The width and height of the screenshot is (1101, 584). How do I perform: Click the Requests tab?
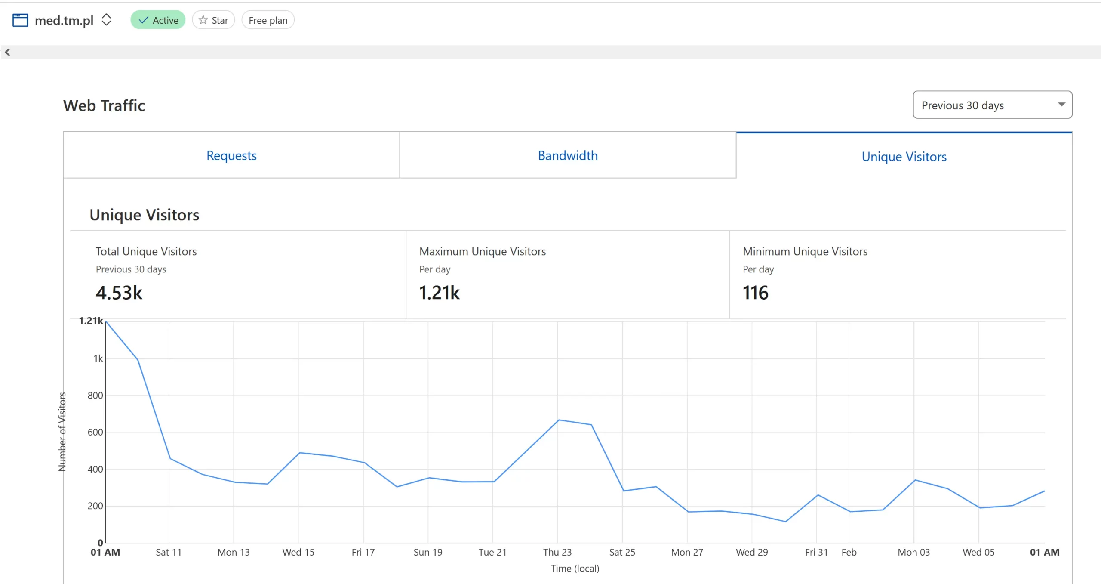231,155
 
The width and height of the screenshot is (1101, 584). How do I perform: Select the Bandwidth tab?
568,155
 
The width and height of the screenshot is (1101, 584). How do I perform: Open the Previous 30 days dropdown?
992,105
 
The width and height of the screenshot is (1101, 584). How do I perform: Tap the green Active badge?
158,20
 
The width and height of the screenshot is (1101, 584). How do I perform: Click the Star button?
213,20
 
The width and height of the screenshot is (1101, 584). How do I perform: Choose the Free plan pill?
268,20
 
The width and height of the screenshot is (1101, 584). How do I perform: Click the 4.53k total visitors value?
119,293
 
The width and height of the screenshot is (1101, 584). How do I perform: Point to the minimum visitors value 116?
756,293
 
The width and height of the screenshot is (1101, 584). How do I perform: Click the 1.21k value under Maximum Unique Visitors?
439,293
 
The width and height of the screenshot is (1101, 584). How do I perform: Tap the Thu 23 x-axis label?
557,552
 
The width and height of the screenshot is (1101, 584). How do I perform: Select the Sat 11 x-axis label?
169,552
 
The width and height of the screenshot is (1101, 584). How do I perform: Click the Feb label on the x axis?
849,552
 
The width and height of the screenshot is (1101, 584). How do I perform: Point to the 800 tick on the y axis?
95,396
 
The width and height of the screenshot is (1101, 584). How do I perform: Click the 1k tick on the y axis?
98,358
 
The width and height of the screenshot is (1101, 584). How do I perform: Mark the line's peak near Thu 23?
558,420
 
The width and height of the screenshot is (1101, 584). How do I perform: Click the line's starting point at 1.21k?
106,321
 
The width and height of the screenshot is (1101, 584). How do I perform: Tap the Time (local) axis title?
575,569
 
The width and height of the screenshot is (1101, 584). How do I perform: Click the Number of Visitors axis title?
62,432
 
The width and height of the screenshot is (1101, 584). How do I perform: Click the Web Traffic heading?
104,105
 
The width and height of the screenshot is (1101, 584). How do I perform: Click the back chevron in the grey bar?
7,52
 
